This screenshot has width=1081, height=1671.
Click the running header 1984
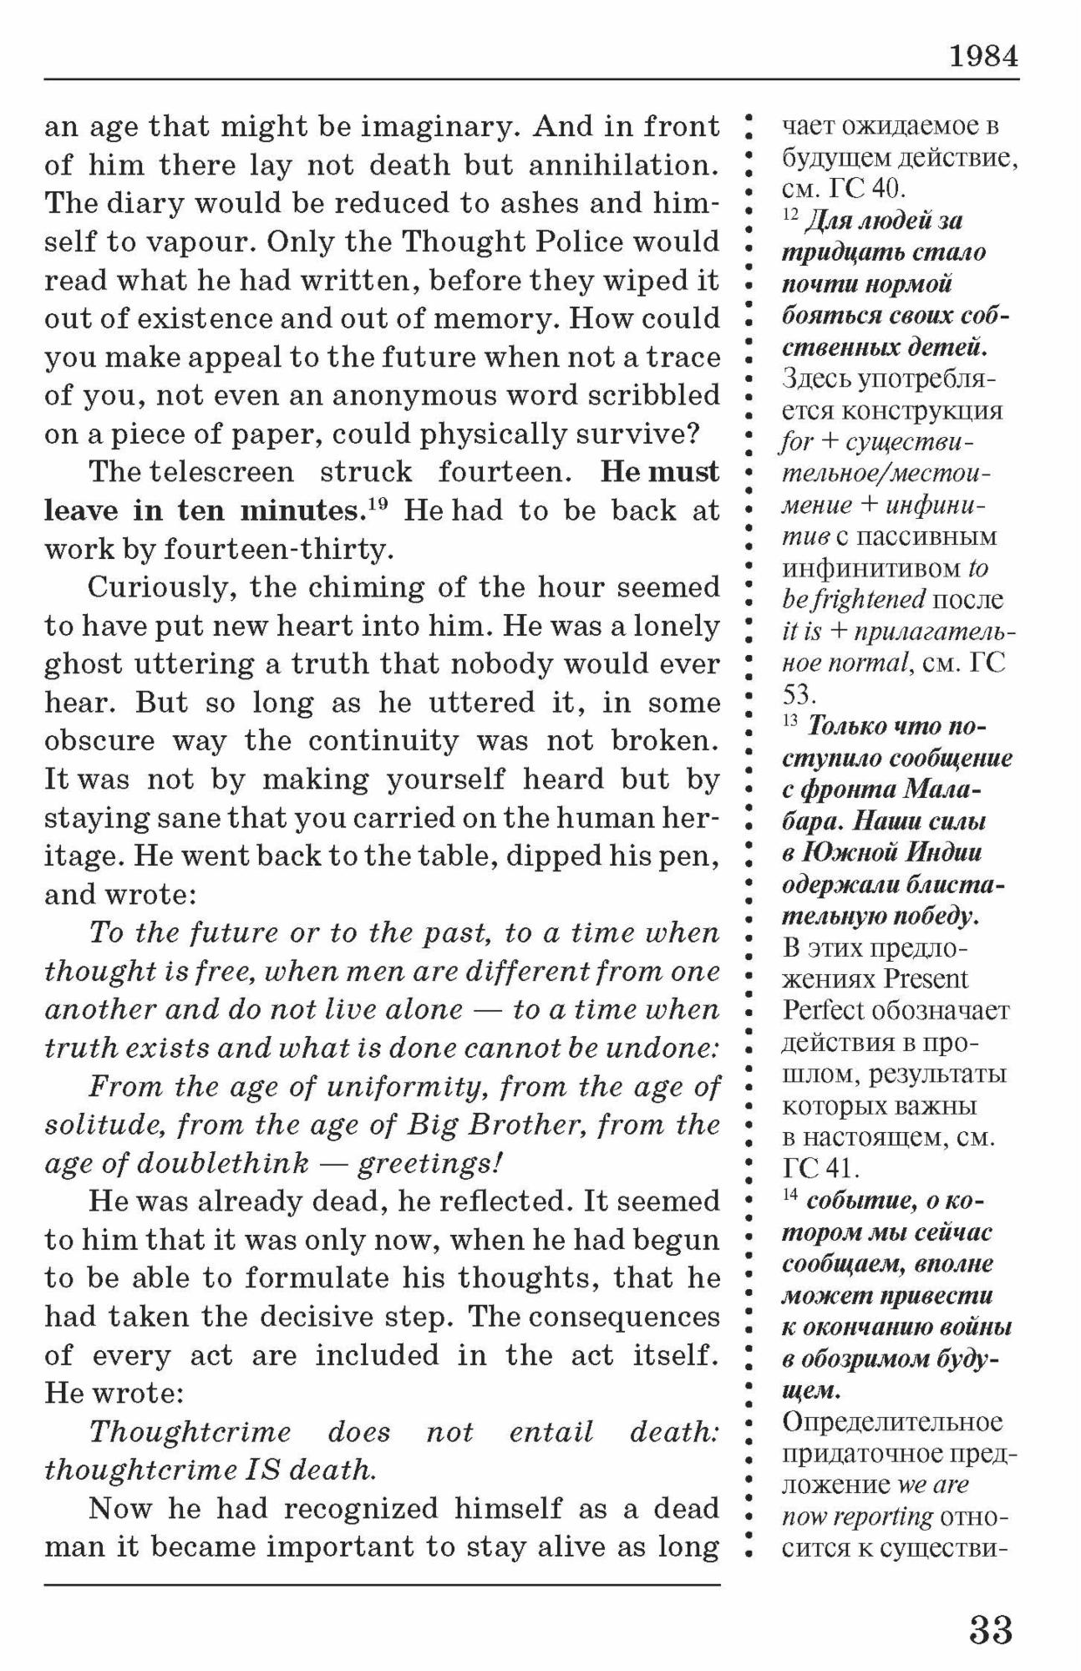click(983, 56)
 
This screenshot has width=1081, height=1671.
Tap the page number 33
click(991, 1629)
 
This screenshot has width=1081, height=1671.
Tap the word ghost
click(81, 664)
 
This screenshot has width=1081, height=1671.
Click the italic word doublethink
click(222, 1164)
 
